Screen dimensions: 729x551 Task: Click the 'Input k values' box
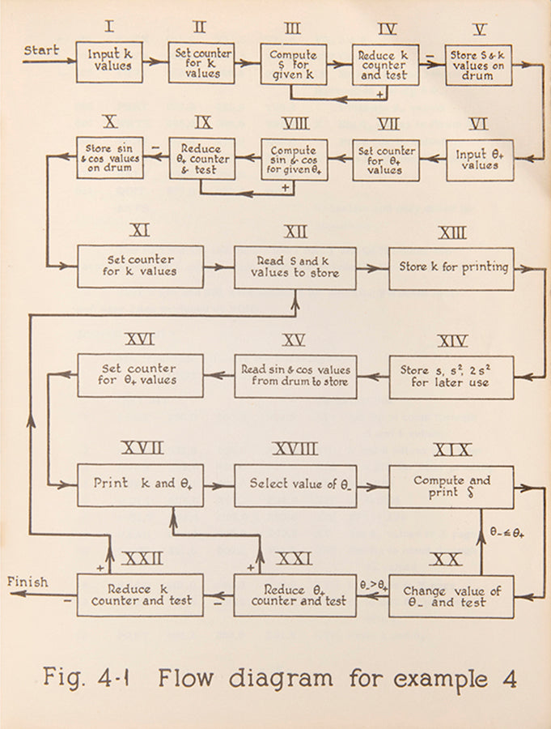[x=109, y=62]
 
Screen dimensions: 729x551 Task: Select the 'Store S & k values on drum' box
[x=479, y=64]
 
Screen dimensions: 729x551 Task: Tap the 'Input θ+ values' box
[x=480, y=160]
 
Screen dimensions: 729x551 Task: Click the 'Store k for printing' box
[x=451, y=268]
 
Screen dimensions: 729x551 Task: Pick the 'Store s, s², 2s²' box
[x=451, y=377]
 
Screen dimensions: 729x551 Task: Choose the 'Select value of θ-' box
[x=295, y=485]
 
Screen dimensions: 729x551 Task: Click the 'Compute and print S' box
[x=451, y=485]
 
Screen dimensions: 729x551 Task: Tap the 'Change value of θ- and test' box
[x=451, y=596]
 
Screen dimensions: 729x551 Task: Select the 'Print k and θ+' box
[x=140, y=485]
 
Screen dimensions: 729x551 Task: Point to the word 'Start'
[x=41, y=50]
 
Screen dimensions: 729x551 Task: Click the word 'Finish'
[x=28, y=582]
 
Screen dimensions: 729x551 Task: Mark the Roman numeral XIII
[x=451, y=233]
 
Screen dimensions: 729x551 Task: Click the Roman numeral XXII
[x=142, y=558]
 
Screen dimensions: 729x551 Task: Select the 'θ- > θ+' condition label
[x=373, y=583]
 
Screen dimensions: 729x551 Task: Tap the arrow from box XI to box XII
[x=218, y=267]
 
